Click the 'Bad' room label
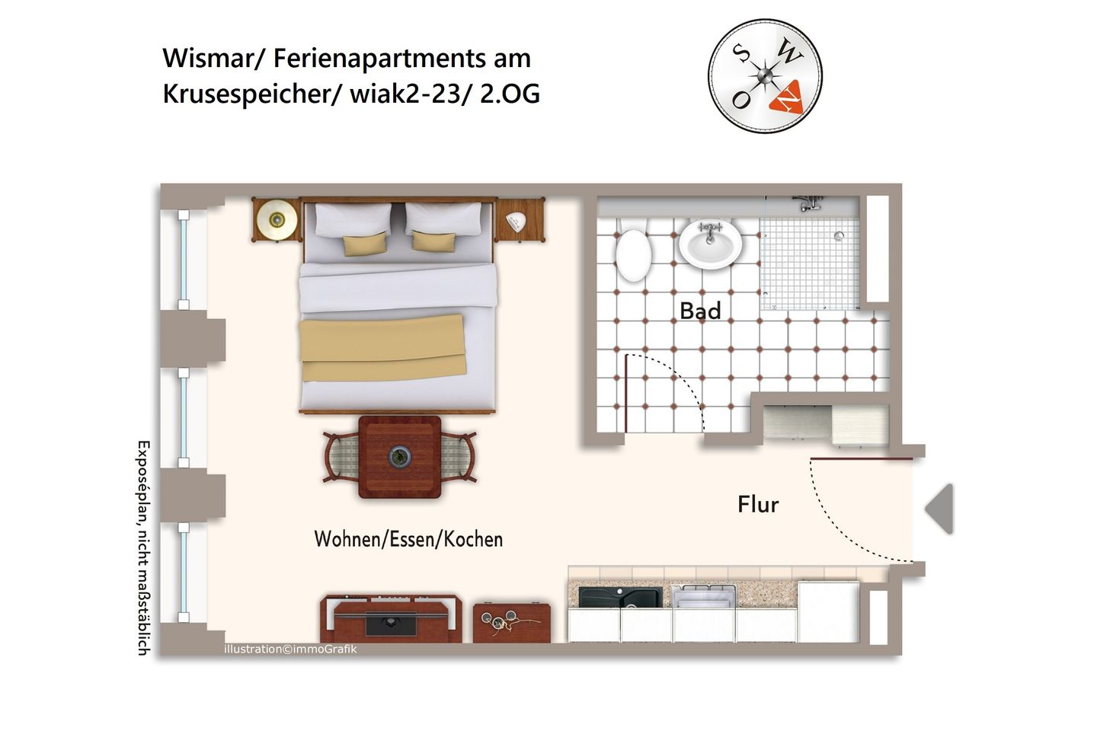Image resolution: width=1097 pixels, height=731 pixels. (700, 311)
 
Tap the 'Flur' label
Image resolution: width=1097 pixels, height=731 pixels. (758, 504)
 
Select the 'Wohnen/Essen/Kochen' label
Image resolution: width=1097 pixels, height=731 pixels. (408, 539)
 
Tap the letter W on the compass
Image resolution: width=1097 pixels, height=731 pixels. (790, 53)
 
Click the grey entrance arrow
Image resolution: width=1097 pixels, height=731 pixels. (940, 509)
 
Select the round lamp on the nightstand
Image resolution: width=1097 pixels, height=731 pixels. (277, 219)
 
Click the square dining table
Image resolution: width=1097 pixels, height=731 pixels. (400, 457)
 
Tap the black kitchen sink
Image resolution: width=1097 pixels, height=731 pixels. (619, 596)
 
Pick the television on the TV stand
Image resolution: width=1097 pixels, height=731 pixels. (391, 622)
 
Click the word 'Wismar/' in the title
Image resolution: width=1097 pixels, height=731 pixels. (213, 58)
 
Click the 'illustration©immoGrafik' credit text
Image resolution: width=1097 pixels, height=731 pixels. (290, 649)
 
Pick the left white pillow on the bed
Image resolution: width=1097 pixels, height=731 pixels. (353, 221)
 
